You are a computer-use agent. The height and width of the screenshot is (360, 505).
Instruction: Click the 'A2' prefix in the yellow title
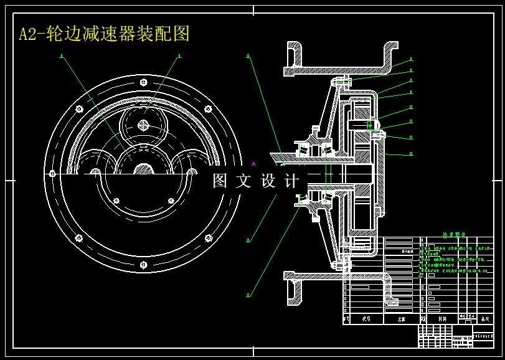click(28, 34)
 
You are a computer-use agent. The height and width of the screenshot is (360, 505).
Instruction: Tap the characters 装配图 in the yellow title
click(165, 33)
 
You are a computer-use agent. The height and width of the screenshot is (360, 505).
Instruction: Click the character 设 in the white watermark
click(268, 181)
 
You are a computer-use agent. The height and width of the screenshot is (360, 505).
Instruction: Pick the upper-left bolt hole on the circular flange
click(78, 109)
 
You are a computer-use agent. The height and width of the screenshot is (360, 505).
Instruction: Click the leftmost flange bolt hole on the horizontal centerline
click(52, 174)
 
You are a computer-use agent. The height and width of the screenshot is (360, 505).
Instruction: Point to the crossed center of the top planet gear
click(144, 125)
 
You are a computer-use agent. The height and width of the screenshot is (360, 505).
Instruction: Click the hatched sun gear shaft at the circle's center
click(144, 169)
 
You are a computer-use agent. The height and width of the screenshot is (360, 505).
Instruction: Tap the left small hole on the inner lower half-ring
click(116, 200)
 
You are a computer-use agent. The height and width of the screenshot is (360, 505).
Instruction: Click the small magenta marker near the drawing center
click(253, 164)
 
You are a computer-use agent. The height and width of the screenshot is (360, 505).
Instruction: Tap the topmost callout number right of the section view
click(412, 60)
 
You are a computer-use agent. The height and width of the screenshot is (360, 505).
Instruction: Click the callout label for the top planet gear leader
click(179, 56)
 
